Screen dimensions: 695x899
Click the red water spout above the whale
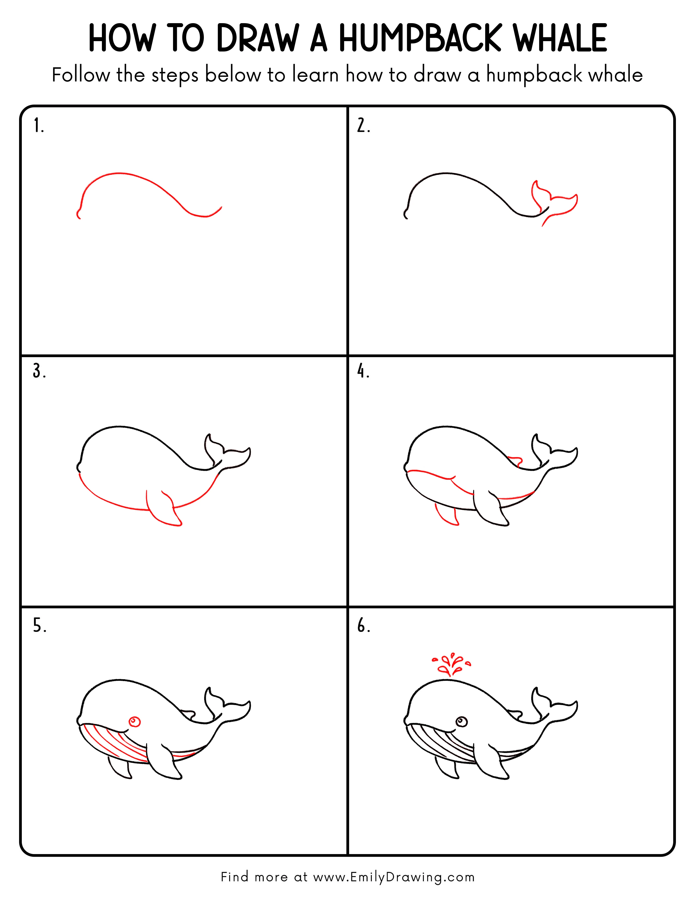point(451,664)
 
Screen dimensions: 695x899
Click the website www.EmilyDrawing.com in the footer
point(394,877)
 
